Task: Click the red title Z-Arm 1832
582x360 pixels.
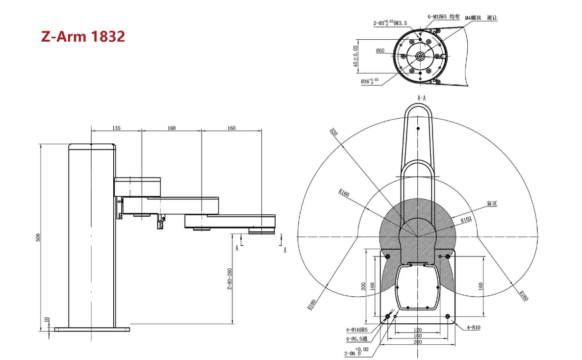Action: (83, 36)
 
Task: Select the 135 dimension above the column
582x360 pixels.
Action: (116, 128)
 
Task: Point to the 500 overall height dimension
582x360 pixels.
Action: (38, 237)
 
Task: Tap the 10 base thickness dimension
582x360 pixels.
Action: (47, 320)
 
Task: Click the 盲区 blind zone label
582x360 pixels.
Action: (491, 203)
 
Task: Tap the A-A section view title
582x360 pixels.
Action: (421, 98)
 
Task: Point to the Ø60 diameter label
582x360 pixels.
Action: (380, 51)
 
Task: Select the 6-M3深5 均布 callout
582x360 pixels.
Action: (443, 16)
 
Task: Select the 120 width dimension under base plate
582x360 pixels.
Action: (418, 330)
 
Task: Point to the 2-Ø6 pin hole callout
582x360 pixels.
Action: (357, 352)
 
